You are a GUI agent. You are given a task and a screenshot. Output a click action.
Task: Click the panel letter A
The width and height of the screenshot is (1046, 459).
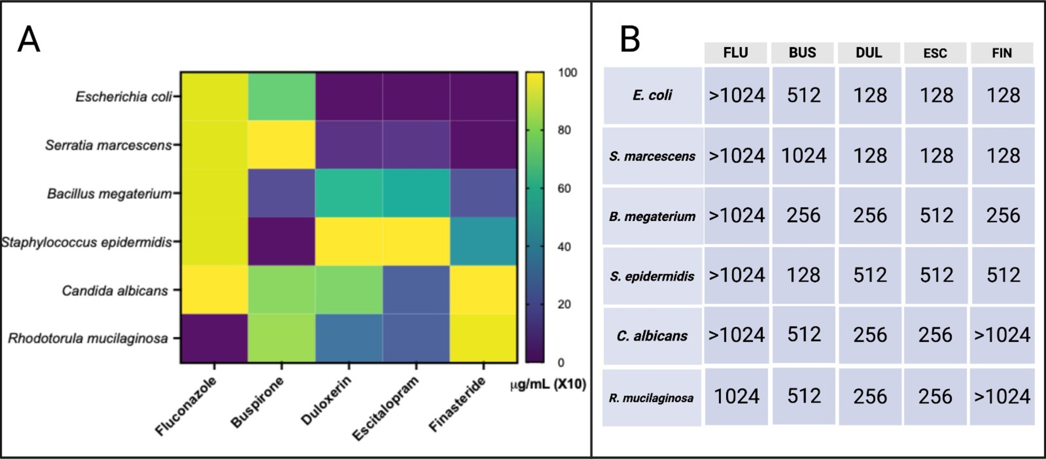pos(28,39)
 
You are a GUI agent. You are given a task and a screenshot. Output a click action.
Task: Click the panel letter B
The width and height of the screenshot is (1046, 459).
pos(630,39)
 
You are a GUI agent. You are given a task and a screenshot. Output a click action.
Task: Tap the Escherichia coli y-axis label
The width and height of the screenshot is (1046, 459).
pos(123,97)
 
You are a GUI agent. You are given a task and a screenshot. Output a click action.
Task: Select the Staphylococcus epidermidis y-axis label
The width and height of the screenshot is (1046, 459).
pos(87,242)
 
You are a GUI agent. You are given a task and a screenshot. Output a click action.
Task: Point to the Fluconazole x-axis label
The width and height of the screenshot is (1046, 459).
pos(186,406)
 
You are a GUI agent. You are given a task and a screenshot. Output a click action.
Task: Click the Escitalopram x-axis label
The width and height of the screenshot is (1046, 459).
pos(385,408)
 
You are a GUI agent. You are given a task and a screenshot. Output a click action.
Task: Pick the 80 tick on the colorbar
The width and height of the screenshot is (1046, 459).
pos(564,130)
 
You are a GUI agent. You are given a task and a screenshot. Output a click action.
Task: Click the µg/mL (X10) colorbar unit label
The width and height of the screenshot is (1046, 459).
pos(548,384)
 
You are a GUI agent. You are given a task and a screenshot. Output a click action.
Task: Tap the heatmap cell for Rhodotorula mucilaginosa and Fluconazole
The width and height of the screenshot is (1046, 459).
pos(214,338)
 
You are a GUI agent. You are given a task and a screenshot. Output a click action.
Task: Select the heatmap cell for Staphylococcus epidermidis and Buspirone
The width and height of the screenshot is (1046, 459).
pos(282,241)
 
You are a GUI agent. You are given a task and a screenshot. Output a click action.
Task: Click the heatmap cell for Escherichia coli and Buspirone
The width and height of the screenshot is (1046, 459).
pos(282,97)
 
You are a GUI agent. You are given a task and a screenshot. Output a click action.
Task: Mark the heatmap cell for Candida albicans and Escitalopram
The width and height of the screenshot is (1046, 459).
pos(416,290)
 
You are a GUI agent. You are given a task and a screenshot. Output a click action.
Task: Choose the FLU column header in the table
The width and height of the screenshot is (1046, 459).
pos(736,53)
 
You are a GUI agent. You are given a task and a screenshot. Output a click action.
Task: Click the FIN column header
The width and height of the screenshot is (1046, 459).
pos(1002,53)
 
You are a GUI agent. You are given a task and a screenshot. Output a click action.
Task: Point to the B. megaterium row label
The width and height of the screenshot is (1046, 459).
pos(652,216)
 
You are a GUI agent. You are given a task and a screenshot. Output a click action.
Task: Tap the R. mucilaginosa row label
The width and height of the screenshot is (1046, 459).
pos(651,398)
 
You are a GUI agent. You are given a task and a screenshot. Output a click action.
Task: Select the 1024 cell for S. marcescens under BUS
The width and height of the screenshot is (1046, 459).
pos(803,156)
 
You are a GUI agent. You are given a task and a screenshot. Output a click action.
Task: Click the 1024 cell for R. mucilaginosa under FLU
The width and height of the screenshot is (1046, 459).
pos(736,396)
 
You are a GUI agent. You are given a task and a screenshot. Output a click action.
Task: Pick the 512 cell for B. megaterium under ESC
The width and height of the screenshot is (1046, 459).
pos(936,215)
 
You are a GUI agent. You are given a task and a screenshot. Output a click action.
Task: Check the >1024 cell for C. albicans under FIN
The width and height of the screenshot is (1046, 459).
pos(1002,335)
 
